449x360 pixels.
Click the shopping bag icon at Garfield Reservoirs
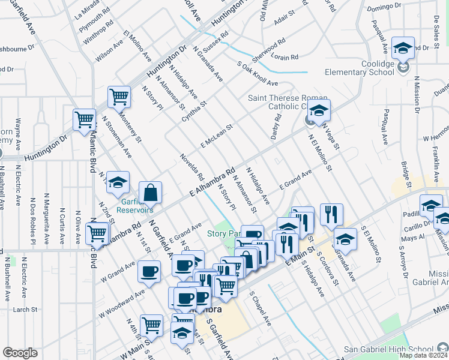[x=151, y=193]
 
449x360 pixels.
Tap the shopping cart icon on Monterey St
[x=119, y=97]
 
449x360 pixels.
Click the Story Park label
[x=223, y=233]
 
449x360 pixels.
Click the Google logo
[x=20, y=353]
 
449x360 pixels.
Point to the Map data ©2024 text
[x=423, y=355]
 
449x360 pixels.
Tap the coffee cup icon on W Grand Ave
[x=149, y=271]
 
